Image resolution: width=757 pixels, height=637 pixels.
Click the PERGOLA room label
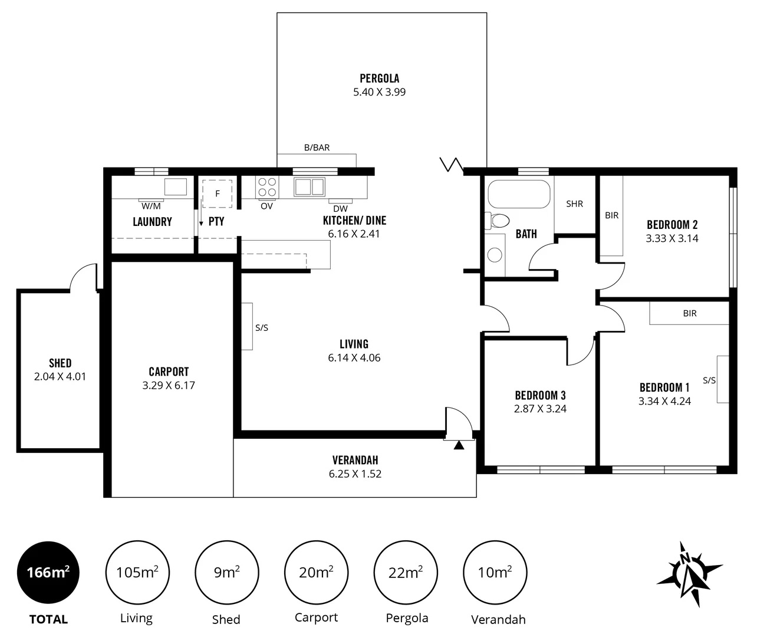coord(379,78)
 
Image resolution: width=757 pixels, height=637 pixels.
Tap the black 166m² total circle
coord(48,572)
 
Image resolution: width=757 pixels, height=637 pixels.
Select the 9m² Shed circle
coord(226,572)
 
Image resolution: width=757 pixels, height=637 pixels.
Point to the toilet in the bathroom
coord(498,221)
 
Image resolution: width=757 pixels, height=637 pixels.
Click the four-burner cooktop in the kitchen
coord(267,187)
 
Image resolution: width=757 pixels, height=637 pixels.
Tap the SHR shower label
coord(574,204)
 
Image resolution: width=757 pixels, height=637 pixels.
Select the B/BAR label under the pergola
coord(317,147)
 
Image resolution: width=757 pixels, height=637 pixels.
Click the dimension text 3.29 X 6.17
coord(169,386)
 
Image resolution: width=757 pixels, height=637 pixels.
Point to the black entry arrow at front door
coord(459,445)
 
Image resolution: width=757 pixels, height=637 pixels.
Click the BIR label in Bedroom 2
coord(611,216)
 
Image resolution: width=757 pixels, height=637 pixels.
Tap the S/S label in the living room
coord(262,328)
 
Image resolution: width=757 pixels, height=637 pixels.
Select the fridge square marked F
coord(217,193)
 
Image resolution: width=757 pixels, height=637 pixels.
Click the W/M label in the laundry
coord(151,206)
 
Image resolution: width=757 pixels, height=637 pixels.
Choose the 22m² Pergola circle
coord(406,572)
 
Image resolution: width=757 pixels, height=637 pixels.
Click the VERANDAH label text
coord(355,460)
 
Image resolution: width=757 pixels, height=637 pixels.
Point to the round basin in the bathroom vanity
coord(495,254)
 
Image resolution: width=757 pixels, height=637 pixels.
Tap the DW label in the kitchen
coord(340,209)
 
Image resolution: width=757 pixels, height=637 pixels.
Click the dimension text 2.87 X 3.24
coord(540,409)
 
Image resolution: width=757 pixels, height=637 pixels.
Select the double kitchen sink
coord(310,187)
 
